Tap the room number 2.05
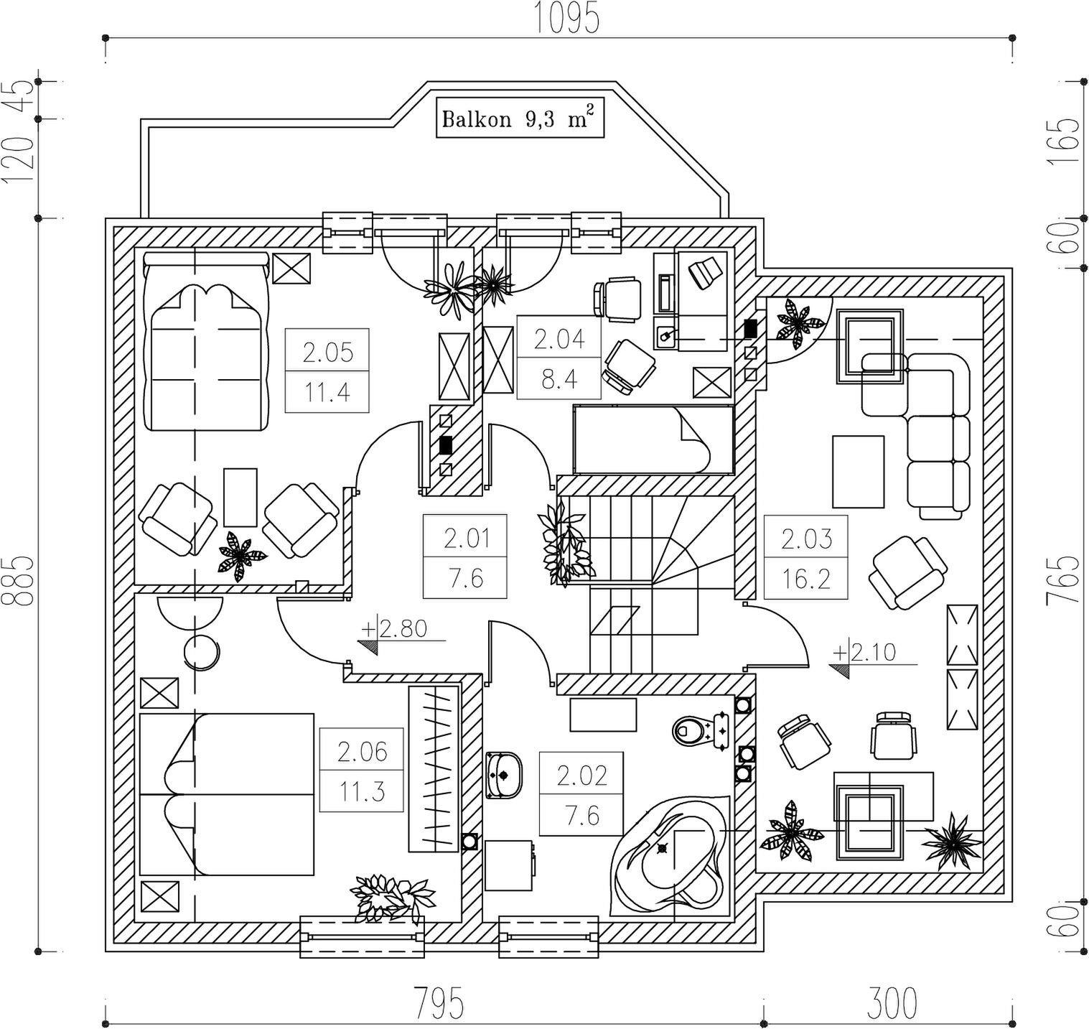327,352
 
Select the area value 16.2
806,578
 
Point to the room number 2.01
466,537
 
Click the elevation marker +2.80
402,630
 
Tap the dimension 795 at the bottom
438,1002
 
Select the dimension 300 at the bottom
892,1002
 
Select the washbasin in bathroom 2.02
504,775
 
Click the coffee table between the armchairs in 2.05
240,497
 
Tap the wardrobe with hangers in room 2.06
434,769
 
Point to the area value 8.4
559,378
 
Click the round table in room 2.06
202,652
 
